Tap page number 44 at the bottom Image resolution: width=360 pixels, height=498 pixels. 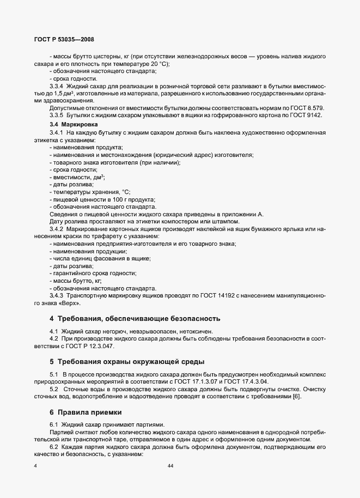[170, 465]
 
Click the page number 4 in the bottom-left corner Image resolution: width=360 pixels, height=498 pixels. [35, 465]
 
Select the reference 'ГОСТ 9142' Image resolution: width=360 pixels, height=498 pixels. [308, 116]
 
